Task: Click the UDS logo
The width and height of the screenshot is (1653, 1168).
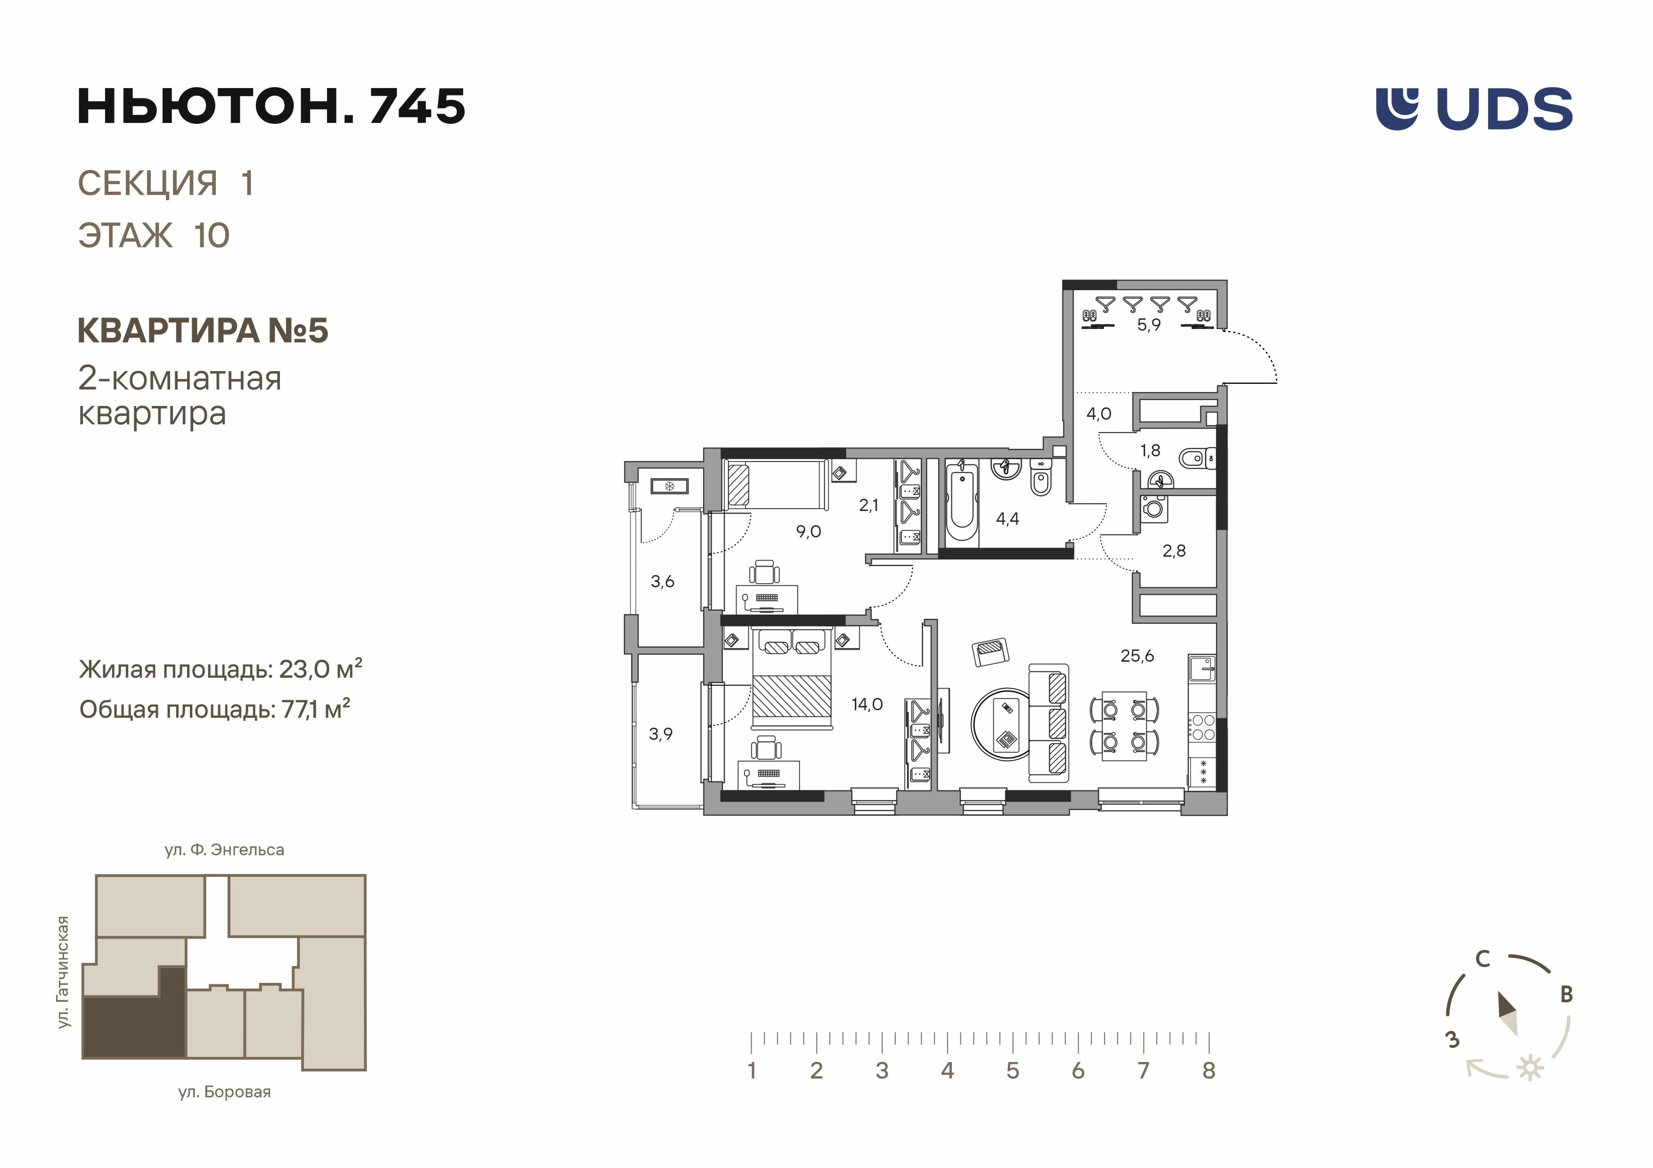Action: click(x=1474, y=109)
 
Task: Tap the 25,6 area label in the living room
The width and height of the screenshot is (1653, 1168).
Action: click(x=1137, y=656)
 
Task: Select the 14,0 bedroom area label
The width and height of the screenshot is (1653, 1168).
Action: click(x=867, y=705)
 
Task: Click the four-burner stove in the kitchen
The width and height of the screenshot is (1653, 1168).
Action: click(x=1202, y=727)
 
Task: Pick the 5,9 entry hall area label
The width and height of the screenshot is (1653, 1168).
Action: click(x=1148, y=324)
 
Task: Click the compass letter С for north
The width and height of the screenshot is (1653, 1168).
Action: click(x=1482, y=959)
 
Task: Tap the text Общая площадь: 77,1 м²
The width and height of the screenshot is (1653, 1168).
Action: click(x=214, y=710)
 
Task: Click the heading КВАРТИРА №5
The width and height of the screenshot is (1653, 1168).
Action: click(x=202, y=331)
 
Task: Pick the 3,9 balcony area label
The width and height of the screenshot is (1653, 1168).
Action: click(x=660, y=734)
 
